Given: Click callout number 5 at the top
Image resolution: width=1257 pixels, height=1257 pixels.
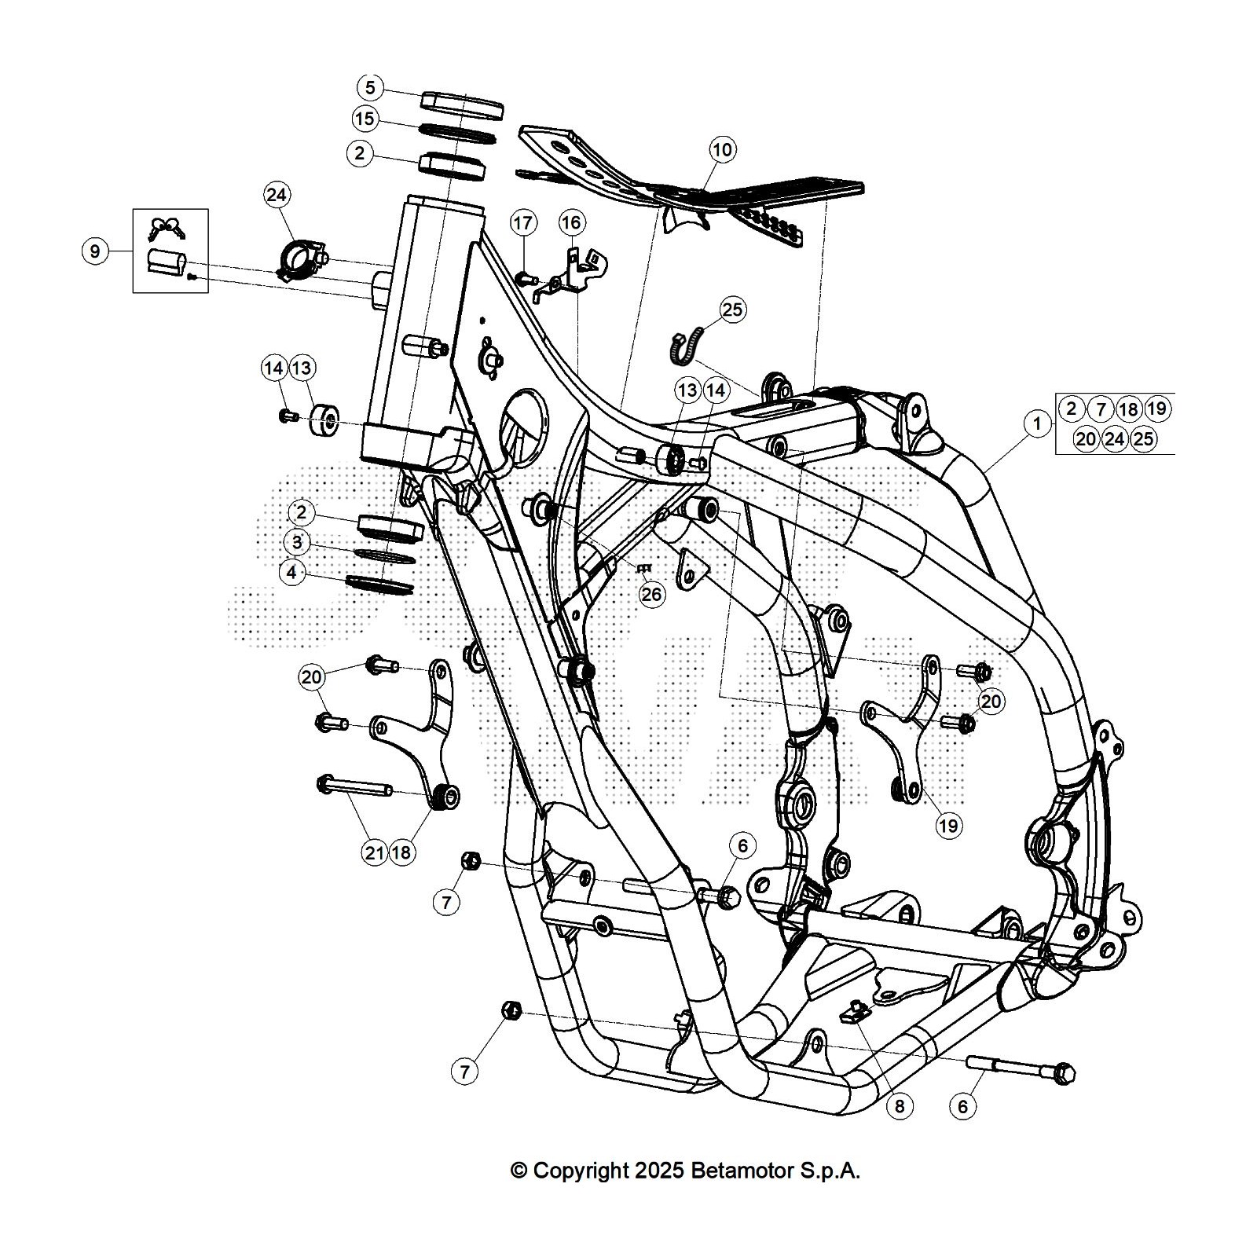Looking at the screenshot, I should pos(371,86).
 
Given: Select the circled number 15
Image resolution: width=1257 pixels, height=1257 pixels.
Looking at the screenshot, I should pos(365,119).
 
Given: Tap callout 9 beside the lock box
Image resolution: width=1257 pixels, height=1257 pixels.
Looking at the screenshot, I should pos(95,251).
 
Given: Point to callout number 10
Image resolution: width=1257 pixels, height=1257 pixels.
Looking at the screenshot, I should pos(722,148).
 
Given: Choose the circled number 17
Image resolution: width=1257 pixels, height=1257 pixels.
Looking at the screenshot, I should pos(523,223).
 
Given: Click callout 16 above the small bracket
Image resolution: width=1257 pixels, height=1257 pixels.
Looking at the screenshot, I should pos(571,223).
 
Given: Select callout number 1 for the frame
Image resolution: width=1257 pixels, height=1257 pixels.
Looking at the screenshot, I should pos(1038,424).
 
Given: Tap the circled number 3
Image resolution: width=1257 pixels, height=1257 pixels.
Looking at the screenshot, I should pos(297,543).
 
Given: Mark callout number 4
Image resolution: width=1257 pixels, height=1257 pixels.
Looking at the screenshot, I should pos(292,573).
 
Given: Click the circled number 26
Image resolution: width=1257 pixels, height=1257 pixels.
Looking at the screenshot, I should pos(651,595).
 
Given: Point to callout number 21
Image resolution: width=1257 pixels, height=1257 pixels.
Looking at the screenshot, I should pos(375,852).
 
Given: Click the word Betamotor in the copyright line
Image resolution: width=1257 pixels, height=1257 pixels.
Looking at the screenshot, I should pos(742,1171).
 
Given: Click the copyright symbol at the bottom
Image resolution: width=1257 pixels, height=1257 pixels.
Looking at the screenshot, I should pos(519,1171).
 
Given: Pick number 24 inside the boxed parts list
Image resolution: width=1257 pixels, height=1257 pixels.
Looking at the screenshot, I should pos(1114,438).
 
